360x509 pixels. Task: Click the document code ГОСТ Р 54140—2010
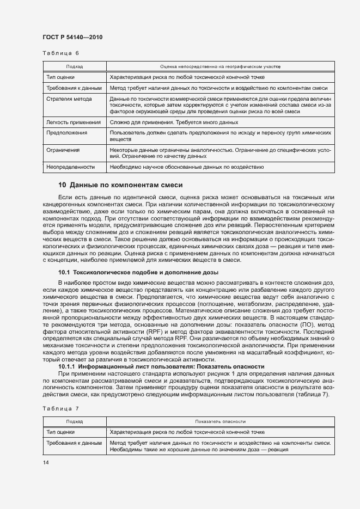tap(72, 37)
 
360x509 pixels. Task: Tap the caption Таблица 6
tap(61, 53)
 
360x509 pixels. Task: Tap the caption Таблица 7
tap(61, 407)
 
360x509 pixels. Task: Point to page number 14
tap(46, 462)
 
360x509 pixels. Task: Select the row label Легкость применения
tap(74, 122)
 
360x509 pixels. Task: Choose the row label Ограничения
tap(63, 150)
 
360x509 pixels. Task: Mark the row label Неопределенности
tap(71, 167)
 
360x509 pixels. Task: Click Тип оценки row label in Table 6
tap(61, 77)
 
